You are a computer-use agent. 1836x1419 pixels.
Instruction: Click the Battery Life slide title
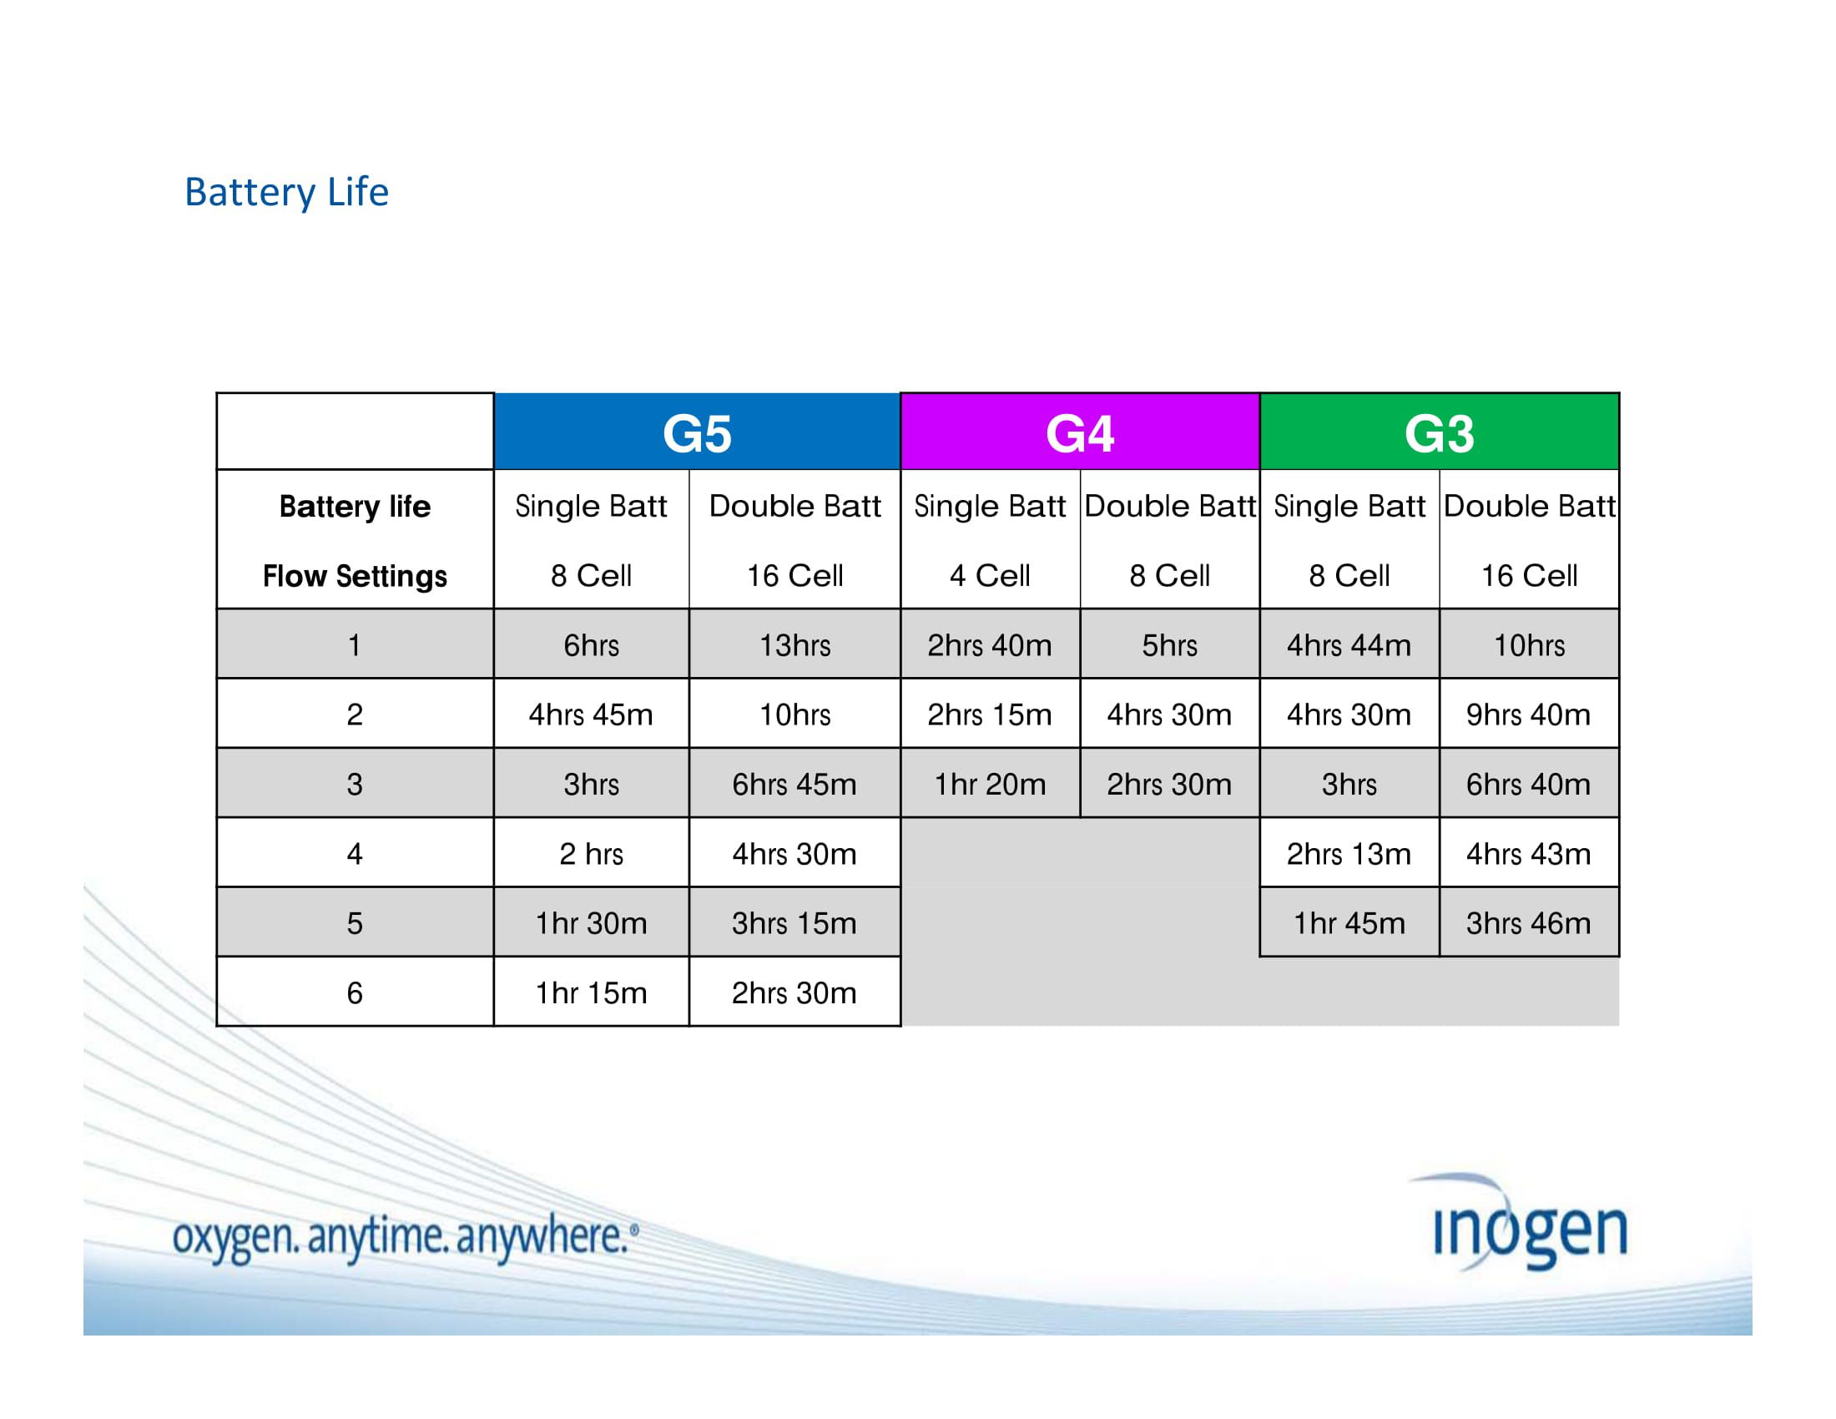click(x=285, y=192)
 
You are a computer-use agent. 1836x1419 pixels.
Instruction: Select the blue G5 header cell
click(x=696, y=433)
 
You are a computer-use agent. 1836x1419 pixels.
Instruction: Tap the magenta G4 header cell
click(x=1079, y=433)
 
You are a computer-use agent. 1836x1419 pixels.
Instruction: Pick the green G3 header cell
click(x=1439, y=433)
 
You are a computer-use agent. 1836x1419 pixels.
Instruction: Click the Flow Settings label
click(x=354, y=576)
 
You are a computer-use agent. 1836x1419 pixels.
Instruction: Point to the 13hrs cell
click(x=794, y=644)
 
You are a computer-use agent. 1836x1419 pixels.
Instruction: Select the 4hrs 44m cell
click(x=1349, y=644)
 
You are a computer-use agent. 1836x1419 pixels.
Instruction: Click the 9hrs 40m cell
click(x=1527, y=715)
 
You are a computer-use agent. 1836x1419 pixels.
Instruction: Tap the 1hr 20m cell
click(x=990, y=785)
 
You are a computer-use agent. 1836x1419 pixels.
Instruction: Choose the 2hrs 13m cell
click(x=1349, y=854)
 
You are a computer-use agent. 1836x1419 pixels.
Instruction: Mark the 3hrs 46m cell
click(x=1527, y=923)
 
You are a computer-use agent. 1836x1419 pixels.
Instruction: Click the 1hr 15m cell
click(x=591, y=992)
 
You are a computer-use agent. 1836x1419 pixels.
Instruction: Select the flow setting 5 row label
click(x=354, y=923)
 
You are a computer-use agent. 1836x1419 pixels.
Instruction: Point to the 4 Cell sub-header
click(x=990, y=576)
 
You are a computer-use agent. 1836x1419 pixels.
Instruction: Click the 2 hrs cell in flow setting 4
click(x=591, y=854)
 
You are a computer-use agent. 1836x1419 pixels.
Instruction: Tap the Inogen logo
click(x=1528, y=1229)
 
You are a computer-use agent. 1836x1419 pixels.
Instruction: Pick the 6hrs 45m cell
click(x=794, y=785)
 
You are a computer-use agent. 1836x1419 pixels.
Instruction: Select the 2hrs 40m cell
click(x=990, y=644)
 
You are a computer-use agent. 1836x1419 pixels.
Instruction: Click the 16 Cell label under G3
click(x=1528, y=576)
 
